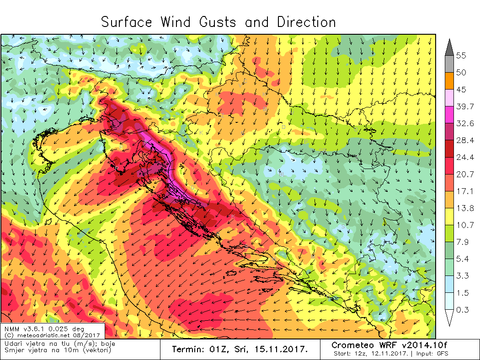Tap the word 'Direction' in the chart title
tap(306, 22)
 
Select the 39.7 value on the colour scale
tap(464, 106)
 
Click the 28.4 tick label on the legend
tap(464, 140)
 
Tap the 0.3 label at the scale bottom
tap(462, 310)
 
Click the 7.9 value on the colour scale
tap(462, 242)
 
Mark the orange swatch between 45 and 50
tap(448, 81)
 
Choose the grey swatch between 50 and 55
tap(448, 64)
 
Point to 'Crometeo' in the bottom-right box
tap(351, 345)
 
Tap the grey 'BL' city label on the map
tap(282, 175)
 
